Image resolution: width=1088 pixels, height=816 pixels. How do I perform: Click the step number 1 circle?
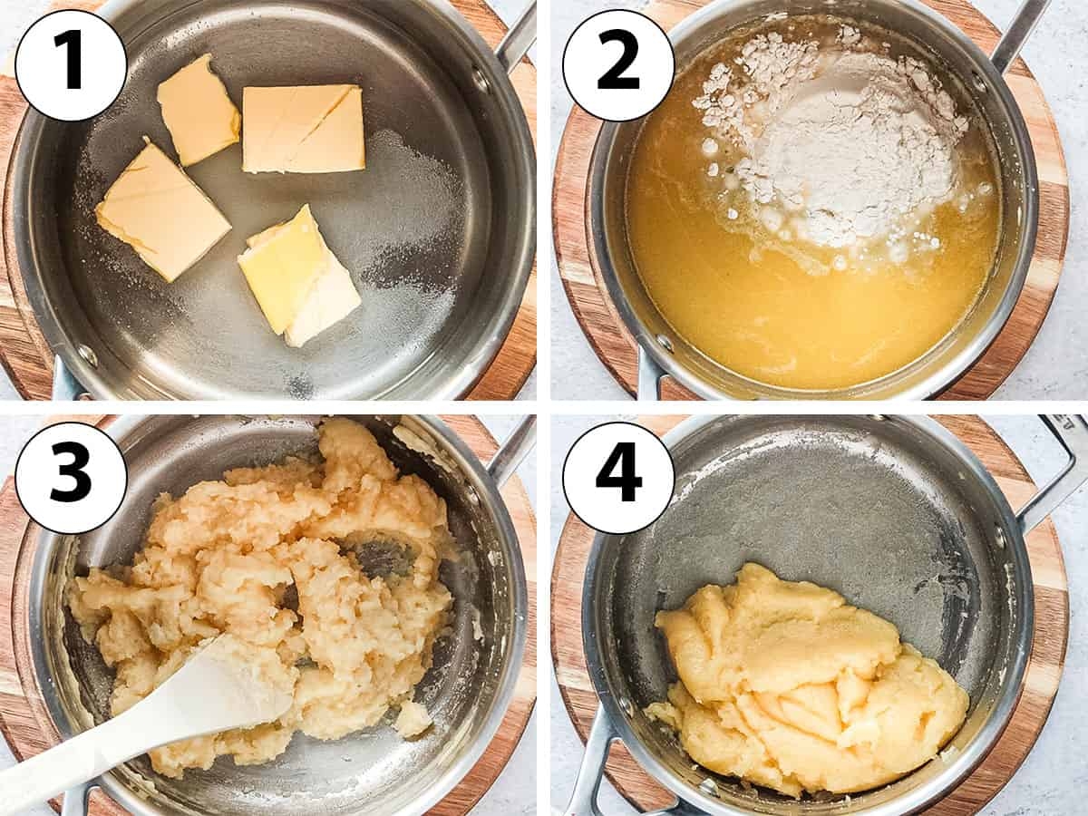(x=71, y=65)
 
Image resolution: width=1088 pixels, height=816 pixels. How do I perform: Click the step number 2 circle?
(x=618, y=65)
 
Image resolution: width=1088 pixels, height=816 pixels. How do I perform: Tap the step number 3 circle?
(x=71, y=478)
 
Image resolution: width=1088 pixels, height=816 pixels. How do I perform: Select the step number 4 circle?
(x=618, y=478)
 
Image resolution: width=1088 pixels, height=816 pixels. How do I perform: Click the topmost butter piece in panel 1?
(x=198, y=110)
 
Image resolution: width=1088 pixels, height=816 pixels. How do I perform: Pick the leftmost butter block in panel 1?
(x=162, y=210)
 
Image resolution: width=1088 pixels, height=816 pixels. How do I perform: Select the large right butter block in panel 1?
(x=304, y=129)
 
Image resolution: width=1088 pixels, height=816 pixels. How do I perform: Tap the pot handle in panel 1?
(x=519, y=36)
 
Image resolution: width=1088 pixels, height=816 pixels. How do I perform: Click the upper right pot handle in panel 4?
(x=1056, y=471)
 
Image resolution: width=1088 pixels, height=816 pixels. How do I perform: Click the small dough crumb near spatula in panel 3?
(x=413, y=718)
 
